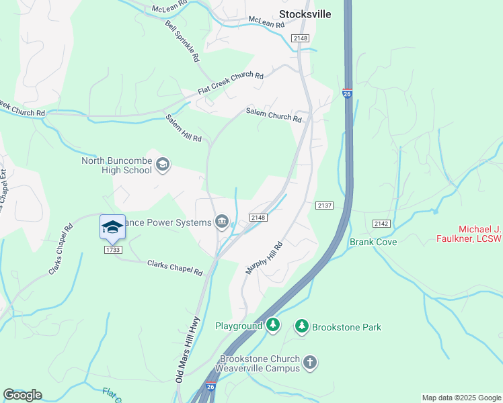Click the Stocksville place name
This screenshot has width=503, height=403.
305,14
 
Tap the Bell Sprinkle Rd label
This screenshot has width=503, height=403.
182,42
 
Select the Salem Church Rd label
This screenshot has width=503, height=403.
274,115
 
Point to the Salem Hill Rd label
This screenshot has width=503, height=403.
184,128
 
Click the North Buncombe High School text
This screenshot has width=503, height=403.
116,165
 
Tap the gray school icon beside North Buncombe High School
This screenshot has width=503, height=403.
162,164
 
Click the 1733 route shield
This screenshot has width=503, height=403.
113,250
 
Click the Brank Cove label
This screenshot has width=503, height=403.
373,242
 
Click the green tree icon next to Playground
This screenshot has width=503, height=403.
272,326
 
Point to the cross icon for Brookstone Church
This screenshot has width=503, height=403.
309,363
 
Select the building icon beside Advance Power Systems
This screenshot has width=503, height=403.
222,222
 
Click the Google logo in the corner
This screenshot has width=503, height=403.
22,395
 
